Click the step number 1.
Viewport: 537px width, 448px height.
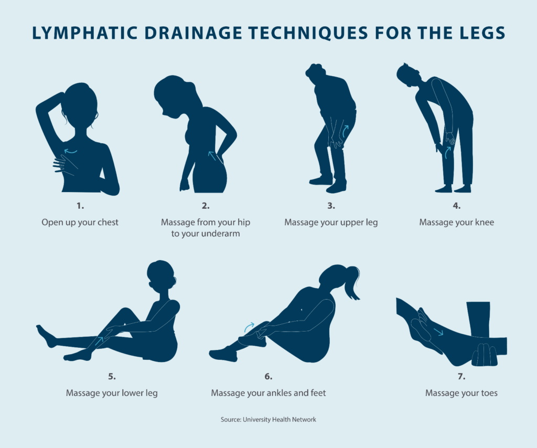point(80,205)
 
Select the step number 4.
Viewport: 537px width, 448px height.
point(457,205)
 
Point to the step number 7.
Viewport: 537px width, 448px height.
point(461,376)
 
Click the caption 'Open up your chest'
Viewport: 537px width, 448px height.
point(80,222)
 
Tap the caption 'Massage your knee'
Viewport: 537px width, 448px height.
point(457,222)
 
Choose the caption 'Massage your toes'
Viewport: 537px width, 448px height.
point(461,393)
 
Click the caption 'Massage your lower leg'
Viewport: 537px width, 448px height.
point(112,393)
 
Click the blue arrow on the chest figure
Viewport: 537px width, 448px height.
point(70,152)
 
